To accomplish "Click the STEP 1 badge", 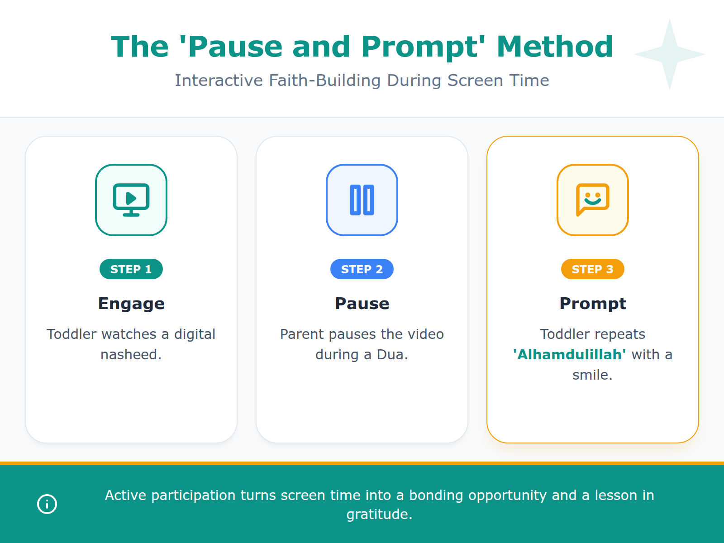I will coord(131,269).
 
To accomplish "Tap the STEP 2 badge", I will coord(362,269).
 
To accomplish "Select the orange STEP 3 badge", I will coord(592,269).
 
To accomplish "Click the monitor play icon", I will coord(131,200).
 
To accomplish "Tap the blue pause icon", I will coord(362,200).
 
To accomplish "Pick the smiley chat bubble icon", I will coord(592,200).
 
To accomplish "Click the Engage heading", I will coord(131,304).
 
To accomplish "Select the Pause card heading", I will coord(362,304).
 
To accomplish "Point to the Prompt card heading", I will coord(593,304).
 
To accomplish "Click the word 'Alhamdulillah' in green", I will coord(569,354).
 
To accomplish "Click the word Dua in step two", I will coord(391,354).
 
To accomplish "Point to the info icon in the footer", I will coord(47,504).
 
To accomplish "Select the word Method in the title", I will coord(555,47).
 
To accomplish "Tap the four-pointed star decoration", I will coord(670,54).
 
